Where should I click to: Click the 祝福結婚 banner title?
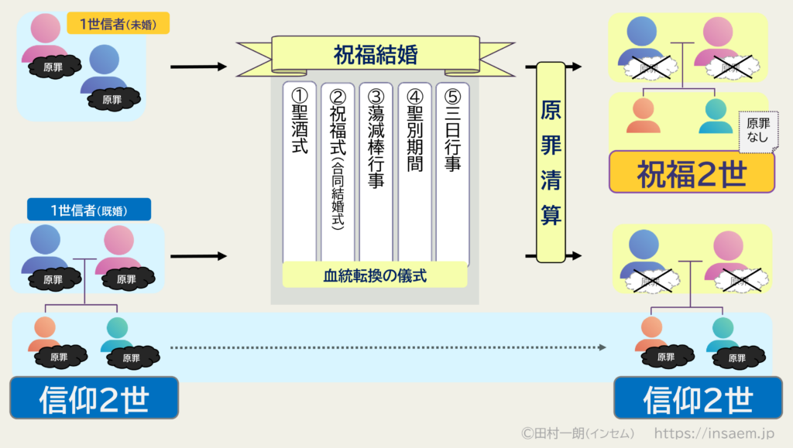376,55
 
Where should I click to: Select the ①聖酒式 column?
300,170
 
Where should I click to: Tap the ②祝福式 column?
338,170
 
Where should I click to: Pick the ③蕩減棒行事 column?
376,170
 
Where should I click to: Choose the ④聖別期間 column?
414,170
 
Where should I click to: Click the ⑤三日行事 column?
452,170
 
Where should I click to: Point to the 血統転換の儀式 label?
375,275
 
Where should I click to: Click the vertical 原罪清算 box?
551,162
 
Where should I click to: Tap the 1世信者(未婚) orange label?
118,24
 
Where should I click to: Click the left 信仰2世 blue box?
94,398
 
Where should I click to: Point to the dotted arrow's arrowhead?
601,347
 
